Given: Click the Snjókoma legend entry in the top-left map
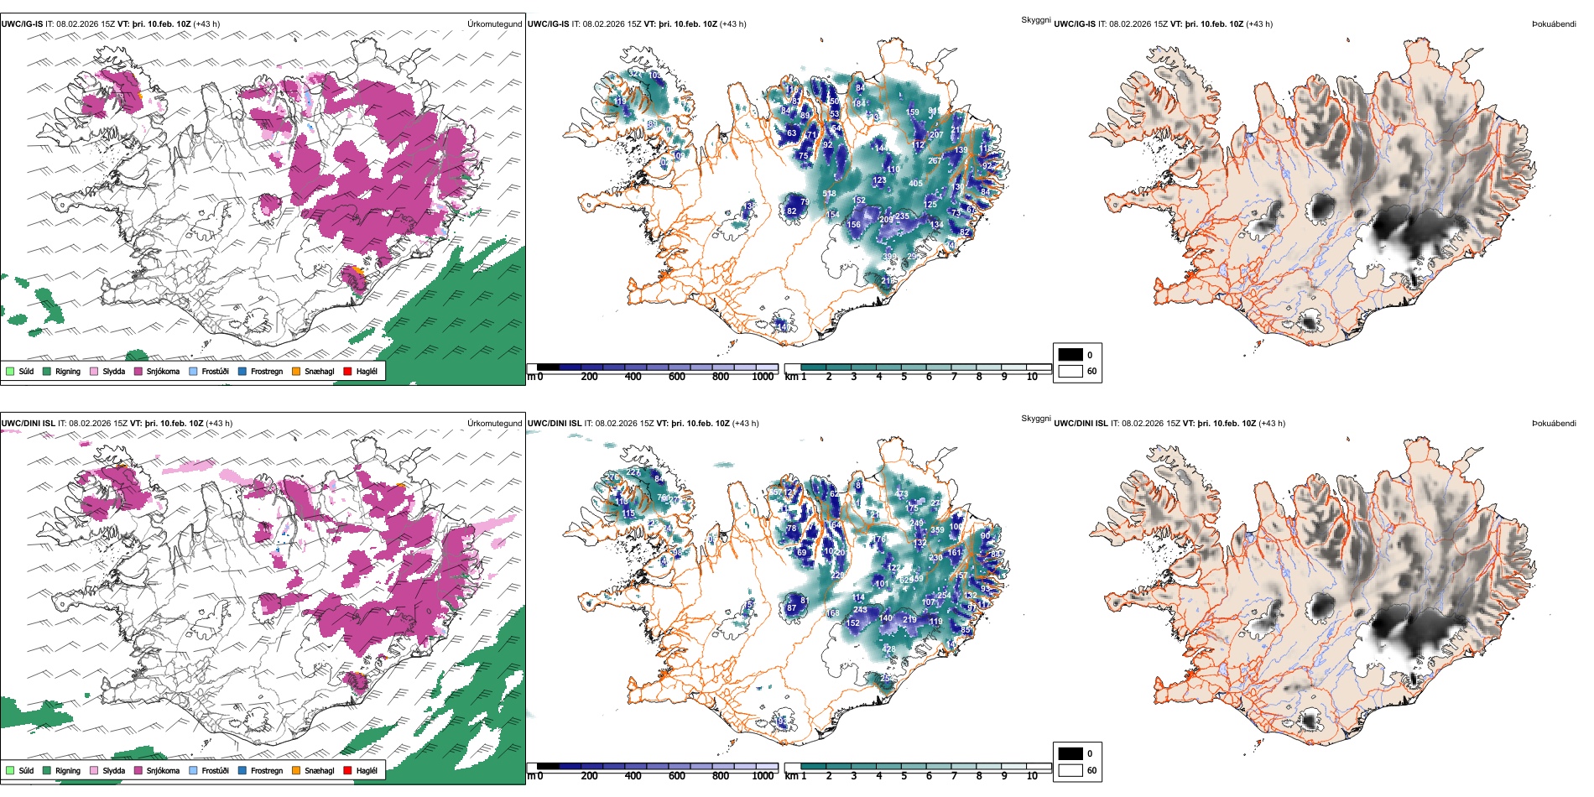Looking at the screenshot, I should coord(163,371).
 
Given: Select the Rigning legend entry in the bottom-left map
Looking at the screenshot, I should coord(67,770).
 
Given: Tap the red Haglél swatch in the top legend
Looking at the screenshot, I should coord(348,371).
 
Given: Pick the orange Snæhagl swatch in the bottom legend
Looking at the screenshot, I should coord(296,770).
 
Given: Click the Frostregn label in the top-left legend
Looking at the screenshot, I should coord(266,371).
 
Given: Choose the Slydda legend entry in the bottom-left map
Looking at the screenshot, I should coord(113,770).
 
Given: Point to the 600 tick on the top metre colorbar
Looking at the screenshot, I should coord(676,377).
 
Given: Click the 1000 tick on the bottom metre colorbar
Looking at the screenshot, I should coord(763,776).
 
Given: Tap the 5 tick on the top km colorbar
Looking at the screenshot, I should coord(904,377).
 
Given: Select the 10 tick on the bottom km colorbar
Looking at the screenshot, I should coord(1032,776).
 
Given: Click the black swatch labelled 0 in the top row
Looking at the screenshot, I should coord(1070,355).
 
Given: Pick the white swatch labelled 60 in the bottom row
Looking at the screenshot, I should coord(1070,770).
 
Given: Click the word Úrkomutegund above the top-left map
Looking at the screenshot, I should coord(494,24).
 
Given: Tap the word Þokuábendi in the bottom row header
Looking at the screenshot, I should coord(1554,424).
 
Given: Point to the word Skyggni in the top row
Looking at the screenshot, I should coord(1035,19).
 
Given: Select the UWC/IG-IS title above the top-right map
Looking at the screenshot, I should coord(1075,24).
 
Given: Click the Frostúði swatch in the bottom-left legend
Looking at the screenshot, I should coord(194,770).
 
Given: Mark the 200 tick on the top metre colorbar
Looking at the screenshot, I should coord(589,377).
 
